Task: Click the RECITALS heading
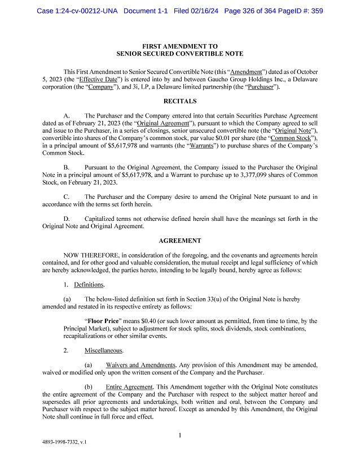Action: point(179,101)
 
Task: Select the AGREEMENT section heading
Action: point(179,240)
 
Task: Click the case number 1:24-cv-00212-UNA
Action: point(77,10)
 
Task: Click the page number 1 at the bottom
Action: point(179,435)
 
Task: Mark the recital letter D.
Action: point(65,219)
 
